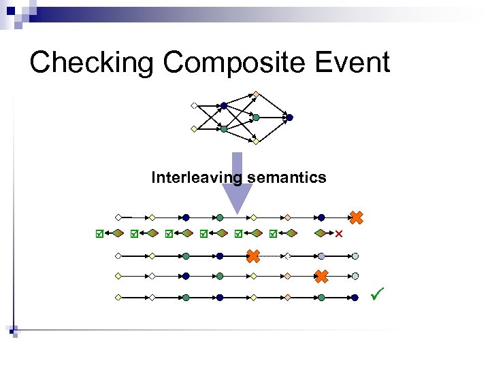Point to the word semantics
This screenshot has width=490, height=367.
[287, 178]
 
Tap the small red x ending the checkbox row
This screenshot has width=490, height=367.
[339, 234]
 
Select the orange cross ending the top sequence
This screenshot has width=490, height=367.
[356, 217]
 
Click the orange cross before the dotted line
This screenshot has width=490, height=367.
[253, 256]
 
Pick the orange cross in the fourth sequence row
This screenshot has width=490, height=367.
[321, 276]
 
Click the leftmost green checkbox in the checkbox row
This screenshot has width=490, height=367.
[99, 234]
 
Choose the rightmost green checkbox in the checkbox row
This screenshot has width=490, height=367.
[272, 234]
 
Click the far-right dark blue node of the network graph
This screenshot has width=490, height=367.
[289, 118]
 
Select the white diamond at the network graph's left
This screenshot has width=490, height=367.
[194, 105]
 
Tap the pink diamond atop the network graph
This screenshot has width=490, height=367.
[255, 94]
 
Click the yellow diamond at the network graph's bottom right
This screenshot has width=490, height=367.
[256, 142]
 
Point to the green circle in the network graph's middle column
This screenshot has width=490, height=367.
[256, 118]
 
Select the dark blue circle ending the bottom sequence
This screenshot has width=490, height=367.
[355, 298]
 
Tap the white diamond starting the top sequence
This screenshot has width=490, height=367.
[118, 217]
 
